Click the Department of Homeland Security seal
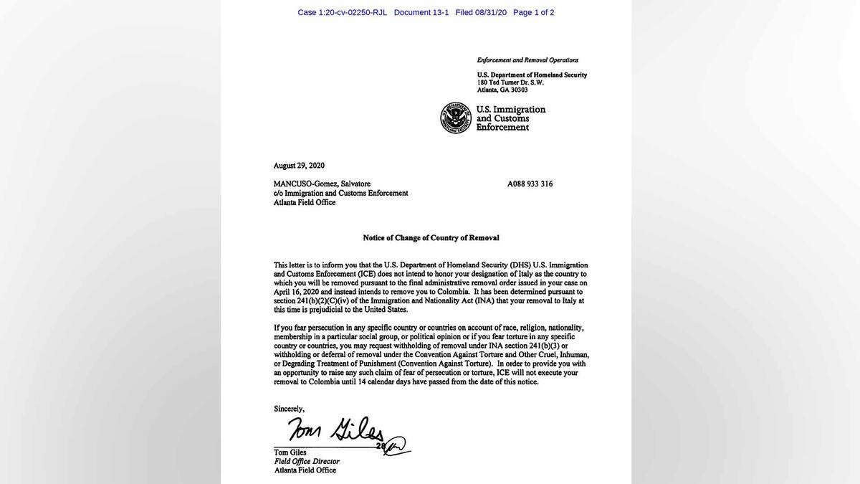pyautogui.click(x=457, y=118)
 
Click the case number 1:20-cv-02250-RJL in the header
pyautogui.click(x=342, y=13)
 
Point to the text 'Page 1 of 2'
pyautogui.click(x=533, y=13)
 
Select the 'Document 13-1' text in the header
pyautogui.click(x=421, y=13)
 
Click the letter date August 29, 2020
pyautogui.click(x=299, y=166)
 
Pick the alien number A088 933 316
pyautogui.click(x=530, y=184)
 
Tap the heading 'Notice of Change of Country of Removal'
pyautogui.click(x=431, y=238)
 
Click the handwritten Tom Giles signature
pyautogui.click(x=337, y=430)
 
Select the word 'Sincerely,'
pyautogui.click(x=289, y=409)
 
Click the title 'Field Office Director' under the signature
pyautogui.click(x=306, y=461)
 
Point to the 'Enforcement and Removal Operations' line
pyautogui.click(x=527, y=60)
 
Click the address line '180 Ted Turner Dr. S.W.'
pyautogui.click(x=510, y=82)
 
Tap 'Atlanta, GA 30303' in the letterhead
pyautogui.click(x=502, y=90)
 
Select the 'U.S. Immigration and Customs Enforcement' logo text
pyautogui.click(x=511, y=118)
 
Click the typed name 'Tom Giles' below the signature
pyautogui.click(x=290, y=452)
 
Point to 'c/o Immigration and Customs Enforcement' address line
pyautogui.click(x=340, y=193)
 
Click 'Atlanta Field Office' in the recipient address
pyautogui.click(x=304, y=202)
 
